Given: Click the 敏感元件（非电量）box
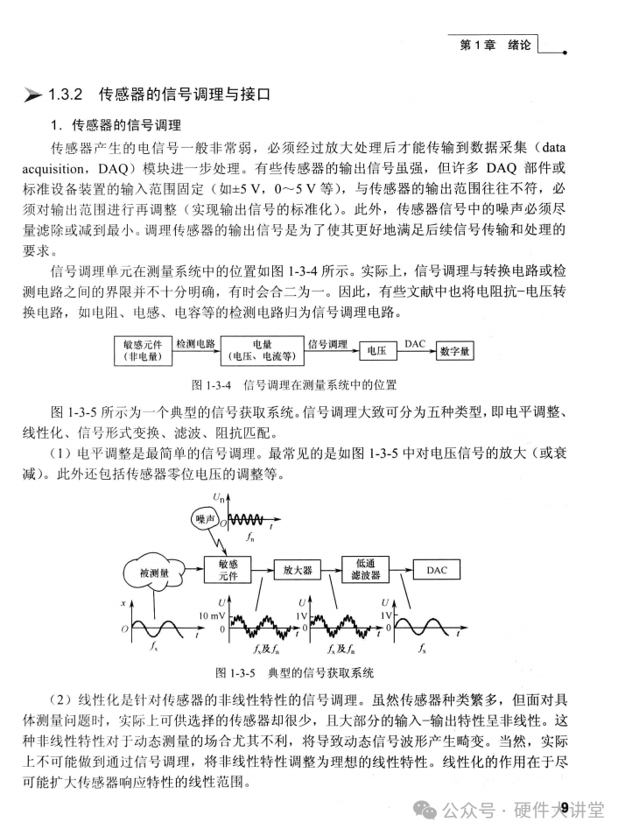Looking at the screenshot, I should [x=144, y=350].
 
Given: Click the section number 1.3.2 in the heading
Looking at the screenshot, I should [x=66, y=93].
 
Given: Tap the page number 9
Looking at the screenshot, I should [x=565, y=807].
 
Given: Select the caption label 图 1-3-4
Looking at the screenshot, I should [x=212, y=383].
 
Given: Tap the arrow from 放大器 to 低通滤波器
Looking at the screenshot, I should [x=334, y=570].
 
